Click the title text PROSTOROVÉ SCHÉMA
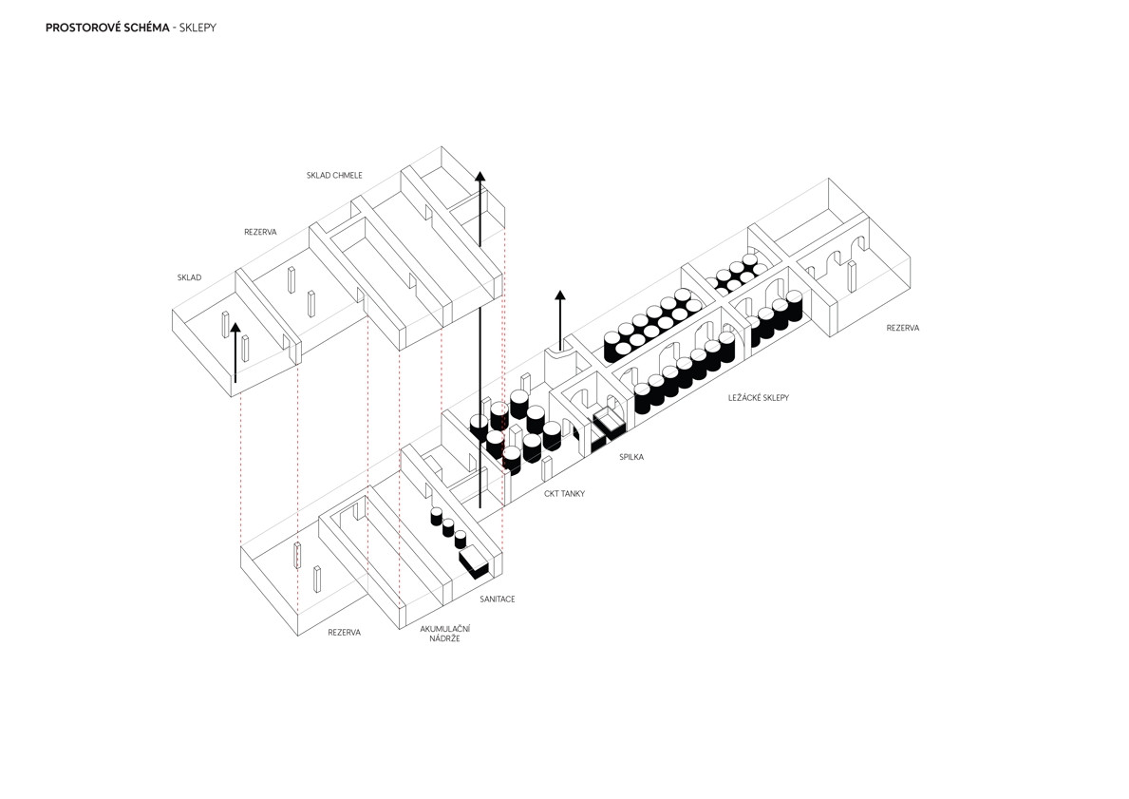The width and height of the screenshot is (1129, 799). [107, 29]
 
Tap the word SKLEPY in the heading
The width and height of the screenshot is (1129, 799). [198, 29]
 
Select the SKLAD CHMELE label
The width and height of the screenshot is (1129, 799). [334, 176]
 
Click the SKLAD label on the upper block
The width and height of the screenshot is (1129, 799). [189, 278]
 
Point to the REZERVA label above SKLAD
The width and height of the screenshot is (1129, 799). [260, 232]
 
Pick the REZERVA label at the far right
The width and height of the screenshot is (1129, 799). [902, 328]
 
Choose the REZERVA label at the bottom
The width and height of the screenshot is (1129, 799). [345, 632]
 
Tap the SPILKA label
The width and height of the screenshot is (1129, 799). [630, 457]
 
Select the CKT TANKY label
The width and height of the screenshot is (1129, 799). [564, 494]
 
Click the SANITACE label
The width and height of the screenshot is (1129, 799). [498, 599]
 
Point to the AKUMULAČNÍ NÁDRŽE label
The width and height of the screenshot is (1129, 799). [445, 634]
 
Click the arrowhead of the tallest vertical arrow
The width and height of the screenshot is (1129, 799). [480, 177]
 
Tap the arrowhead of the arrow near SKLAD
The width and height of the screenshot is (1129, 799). [235, 328]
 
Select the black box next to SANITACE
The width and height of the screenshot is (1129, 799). [474, 562]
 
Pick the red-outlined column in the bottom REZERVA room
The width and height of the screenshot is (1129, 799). [297, 555]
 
